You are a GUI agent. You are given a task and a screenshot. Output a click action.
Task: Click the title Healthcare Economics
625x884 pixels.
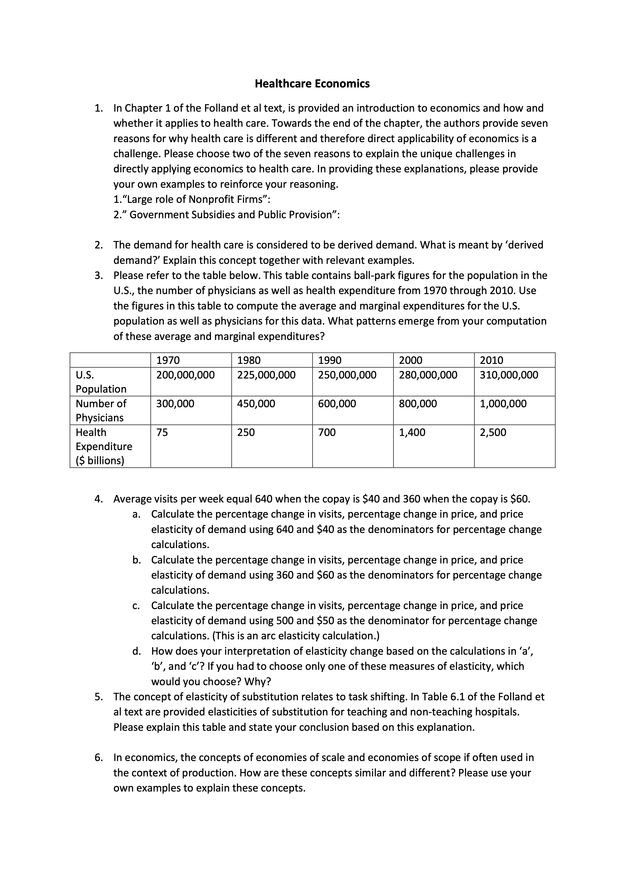click(312, 84)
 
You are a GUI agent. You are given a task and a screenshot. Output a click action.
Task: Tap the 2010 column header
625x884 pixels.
click(491, 360)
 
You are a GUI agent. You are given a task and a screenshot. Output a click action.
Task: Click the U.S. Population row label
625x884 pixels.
click(101, 382)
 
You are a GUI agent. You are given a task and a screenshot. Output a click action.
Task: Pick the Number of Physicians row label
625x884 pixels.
click(101, 411)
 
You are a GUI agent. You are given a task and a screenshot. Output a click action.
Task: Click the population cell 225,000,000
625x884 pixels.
click(266, 375)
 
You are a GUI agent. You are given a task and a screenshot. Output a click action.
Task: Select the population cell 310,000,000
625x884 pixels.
click(509, 375)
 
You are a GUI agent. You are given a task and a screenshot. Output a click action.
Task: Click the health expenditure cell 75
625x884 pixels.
click(162, 432)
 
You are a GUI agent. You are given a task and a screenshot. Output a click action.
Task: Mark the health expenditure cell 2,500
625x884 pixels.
click(493, 432)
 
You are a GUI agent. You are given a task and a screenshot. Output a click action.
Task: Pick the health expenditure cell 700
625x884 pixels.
click(327, 432)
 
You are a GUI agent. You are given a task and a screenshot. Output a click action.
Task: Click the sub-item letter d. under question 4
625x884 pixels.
click(136, 651)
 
